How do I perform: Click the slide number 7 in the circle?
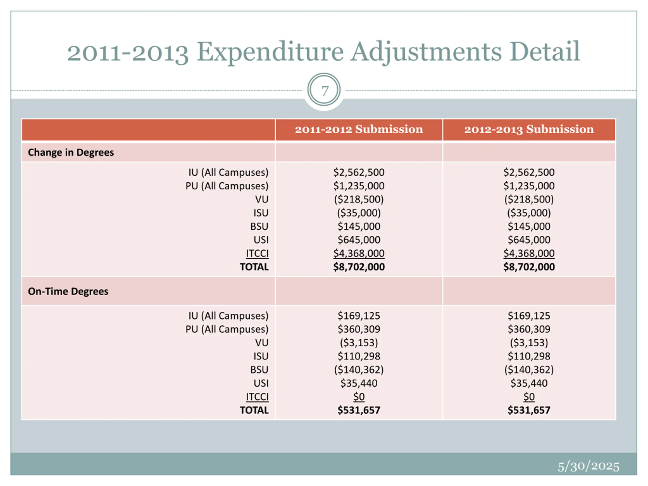[x=324, y=91]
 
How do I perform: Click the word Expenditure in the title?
[x=270, y=52]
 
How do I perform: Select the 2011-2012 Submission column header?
[x=359, y=129]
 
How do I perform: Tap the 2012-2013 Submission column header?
[x=529, y=129]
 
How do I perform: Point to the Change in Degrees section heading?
[x=71, y=152]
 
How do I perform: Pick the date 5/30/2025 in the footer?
[x=588, y=466]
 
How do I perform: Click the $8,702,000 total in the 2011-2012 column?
[x=359, y=267]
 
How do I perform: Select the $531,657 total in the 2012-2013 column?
[x=529, y=410]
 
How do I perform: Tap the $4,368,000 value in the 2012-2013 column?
[x=529, y=253]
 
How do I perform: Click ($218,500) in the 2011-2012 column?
[x=359, y=199]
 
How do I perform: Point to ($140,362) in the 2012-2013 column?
[x=529, y=370]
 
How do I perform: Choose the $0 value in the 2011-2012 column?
[x=359, y=397]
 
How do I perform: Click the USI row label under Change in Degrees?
[x=261, y=240]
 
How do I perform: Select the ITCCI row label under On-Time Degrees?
[x=257, y=397]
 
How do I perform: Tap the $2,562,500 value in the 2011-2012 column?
[x=359, y=172]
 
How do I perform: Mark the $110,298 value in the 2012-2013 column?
[x=529, y=356]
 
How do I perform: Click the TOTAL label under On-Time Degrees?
[x=254, y=410]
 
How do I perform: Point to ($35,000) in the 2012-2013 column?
[x=529, y=213]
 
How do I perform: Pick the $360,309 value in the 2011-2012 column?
[x=359, y=329]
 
